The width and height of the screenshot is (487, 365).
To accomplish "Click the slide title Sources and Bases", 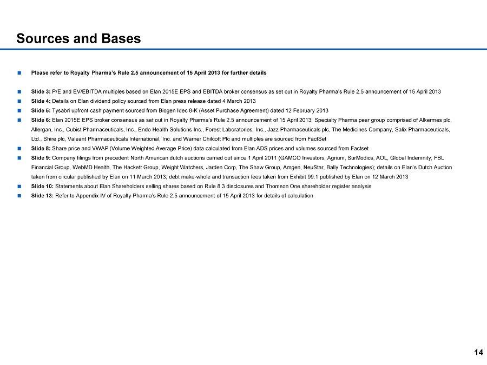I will tap(78, 38).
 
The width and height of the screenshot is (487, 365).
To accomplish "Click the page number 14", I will tap(478, 353).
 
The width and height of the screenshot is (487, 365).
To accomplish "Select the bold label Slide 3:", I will tap(41, 91).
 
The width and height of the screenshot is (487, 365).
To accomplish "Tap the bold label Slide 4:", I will tap(41, 101).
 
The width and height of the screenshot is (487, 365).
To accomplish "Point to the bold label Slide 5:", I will tap(41, 110).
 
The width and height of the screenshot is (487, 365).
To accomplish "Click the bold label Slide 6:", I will tap(41, 120).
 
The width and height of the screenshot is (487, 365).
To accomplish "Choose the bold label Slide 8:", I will tap(41, 148).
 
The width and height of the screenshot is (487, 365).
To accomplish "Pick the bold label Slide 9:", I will tap(41, 158).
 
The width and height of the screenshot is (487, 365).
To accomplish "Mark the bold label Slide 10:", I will tap(42, 186).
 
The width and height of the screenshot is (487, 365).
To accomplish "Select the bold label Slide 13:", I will tap(42, 196).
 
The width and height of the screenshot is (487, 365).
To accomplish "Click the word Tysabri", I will tap(62, 110).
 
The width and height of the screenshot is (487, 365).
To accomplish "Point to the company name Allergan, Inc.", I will tap(45, 129).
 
